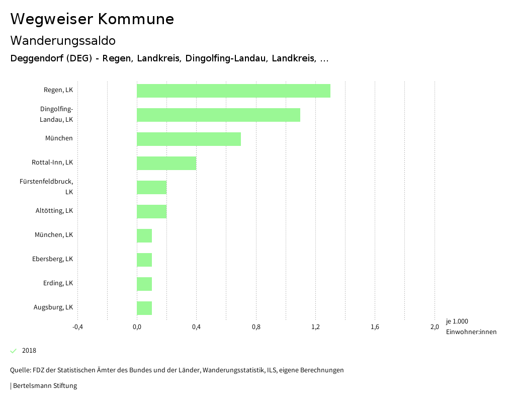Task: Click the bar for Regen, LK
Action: coord(233,91)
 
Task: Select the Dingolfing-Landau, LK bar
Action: coord(218,115)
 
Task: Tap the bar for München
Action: coord(189,139)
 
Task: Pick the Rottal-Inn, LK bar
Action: coord(166,163)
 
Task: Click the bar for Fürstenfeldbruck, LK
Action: coord(151,187)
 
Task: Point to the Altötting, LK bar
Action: coord(151,211)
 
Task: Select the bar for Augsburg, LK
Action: coord(144,308)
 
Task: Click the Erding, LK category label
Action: coord(58,283)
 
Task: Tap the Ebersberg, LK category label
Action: coord(52,259)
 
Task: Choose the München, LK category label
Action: coord(54,235)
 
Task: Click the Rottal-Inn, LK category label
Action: coord(52,163)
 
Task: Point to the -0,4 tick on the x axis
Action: coord(77,327)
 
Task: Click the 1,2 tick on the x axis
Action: coord(315,327)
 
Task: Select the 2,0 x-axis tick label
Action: coord(435,327)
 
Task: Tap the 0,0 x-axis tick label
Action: coord(137,327)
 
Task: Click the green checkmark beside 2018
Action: coord(14,351)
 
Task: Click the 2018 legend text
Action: coord(29,351)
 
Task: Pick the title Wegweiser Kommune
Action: coord(92,19)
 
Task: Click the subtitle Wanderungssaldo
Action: coord(63,40)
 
